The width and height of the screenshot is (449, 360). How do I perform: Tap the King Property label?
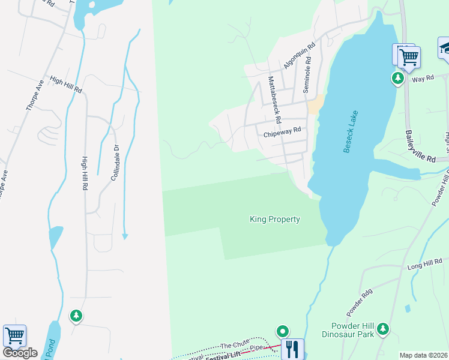[x=275, y=220]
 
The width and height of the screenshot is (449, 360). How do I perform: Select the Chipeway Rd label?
[x=282, y=134]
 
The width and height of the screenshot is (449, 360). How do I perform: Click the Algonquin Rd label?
[x=300, y=55]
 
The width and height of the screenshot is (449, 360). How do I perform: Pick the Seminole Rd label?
[x=307, y=77]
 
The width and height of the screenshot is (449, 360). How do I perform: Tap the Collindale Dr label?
[x=116, y=161]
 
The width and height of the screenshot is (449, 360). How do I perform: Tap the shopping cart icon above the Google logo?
[x=14, y=335]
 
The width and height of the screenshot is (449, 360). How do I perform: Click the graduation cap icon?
[x=445, y=47]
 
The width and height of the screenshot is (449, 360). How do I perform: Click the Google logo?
[x=20, y=353]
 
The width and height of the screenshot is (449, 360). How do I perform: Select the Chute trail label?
[x=234, y=345]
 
